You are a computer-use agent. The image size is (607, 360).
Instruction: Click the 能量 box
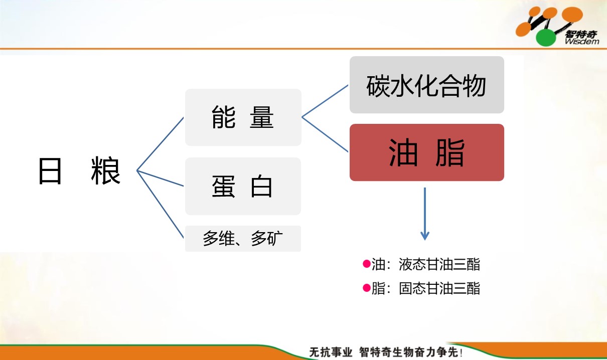(x=243, y=117)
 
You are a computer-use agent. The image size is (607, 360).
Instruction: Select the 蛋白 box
(x=243, y=187)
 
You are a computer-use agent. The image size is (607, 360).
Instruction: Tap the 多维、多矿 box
(x=243, y=239)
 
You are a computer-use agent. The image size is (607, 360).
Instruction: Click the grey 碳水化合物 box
(x=427, y=85)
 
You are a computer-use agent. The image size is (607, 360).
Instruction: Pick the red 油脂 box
(x=427, y=152)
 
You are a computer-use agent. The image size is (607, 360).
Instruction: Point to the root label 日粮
(x=79, y=170)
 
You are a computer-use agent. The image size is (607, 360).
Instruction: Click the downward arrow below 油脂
(x=424, y=214)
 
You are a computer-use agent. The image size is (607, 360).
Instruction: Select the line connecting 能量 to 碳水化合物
(x=325, y=101)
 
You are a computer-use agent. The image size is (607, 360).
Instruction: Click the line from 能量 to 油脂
(x=325, y=134)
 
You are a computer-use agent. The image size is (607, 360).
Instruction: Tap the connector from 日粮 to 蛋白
(x=161, y=178)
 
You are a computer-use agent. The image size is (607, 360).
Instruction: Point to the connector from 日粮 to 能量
(x=161, y=144)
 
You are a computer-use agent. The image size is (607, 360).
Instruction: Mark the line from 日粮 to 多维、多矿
(x=161, y=205)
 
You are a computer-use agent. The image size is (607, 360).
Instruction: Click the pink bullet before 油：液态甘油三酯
(x=367, y=264)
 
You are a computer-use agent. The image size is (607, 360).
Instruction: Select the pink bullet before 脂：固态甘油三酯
(x=367, y=288)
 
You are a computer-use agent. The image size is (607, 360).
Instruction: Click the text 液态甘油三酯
(x=439, y=264)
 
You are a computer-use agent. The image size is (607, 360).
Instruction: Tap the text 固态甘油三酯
(x=439, y=288)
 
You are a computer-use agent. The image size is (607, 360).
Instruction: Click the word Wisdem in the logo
(x=582, y=42)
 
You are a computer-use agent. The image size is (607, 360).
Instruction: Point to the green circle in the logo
(x=546, y=38)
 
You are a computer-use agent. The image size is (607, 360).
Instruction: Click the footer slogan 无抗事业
(x=331, y=352)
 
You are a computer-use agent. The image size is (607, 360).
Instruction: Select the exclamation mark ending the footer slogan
(x=461, y=352)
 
